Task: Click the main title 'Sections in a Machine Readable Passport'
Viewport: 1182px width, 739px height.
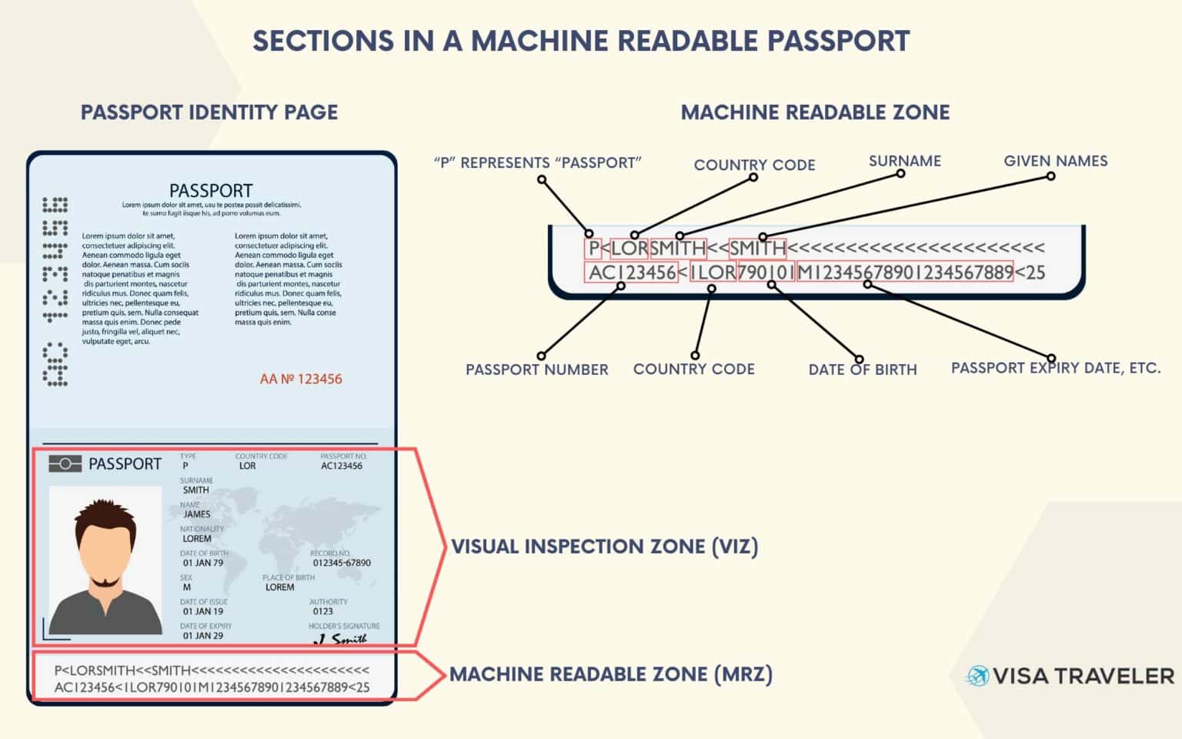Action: coord(581,41)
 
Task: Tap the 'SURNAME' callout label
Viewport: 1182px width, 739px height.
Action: coord(904,161)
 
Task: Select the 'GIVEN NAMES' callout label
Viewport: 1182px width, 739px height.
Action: coord(1055,161)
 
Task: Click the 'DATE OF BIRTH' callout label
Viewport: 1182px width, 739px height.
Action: coord(862,369)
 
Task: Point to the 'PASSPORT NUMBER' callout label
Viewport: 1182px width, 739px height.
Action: coord(536,369)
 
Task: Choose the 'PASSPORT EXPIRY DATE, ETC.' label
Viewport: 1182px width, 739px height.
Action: coord(1055,368)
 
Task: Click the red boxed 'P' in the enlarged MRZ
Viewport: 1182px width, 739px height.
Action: coord(593,249)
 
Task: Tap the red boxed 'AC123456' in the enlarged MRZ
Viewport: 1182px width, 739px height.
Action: coord(632,273)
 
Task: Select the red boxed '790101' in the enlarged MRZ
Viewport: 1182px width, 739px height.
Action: coord(766,273)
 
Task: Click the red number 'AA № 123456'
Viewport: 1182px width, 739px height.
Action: coord(301,379)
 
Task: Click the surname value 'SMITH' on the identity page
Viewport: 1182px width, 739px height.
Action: coord(195,490)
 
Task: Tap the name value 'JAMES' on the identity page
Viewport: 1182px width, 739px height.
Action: coord(197,514)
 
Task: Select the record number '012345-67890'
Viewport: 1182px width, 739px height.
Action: coord(342,563)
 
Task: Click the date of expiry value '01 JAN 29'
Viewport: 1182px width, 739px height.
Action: coord(203,636)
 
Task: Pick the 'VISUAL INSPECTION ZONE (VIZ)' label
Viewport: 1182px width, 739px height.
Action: coord(604,547)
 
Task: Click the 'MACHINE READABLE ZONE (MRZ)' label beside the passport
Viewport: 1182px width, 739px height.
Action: coord(610,674)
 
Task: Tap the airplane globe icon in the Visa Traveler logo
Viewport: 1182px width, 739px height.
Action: coord(977,677)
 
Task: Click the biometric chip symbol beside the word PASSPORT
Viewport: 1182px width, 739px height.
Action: coord(65,463)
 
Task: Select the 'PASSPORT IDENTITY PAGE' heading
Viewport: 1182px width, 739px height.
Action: coord(209,112)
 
